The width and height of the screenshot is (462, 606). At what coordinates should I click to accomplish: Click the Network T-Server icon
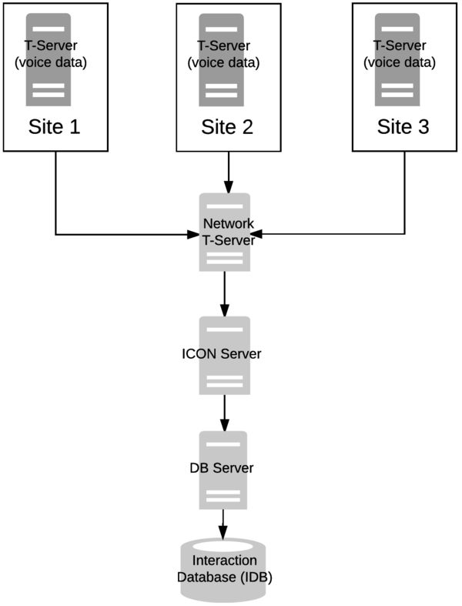pyautogui.click(x=225, y=231)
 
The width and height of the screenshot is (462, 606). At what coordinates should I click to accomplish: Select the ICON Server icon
pyautogui.click(x=225, y=354)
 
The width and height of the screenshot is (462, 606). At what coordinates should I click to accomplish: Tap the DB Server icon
pyautogui.click(x=224, y=469)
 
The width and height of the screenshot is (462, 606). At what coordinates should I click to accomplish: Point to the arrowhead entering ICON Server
pyautogui.click(x=225, y=310)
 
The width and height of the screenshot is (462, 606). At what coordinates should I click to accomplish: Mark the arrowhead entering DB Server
pyautogui.click(x=225, y=426)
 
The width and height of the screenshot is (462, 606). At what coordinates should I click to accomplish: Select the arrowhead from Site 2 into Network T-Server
pyautogui.click(x=228, y=187)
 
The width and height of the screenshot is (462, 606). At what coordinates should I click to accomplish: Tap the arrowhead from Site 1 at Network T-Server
pyautogui.click(x=194, y=233)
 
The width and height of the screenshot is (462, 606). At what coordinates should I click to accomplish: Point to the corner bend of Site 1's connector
pyautogui.click(x=55, y=233)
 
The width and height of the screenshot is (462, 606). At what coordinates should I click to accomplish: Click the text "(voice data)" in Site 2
pyautogui.click(x=228, y=62)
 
